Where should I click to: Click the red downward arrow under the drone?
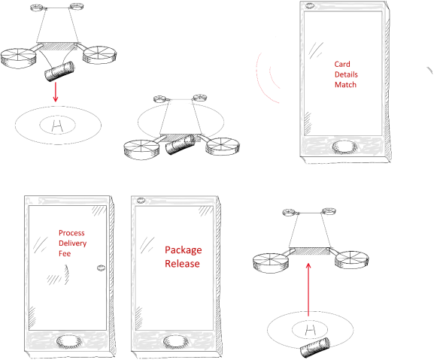point(56,92)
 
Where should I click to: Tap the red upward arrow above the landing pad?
point(308,289)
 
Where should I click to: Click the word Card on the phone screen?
point(342,64)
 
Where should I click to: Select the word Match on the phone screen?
point(345,85)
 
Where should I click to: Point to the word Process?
point(71,233)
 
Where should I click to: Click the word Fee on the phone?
point(65,254)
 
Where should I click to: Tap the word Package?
point(184,250)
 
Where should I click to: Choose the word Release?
point(182,264)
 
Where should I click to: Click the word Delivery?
point(72,244)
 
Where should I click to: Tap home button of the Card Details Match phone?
point(344,147)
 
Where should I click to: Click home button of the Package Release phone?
point(176,341)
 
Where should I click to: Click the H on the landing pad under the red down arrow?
point(57,126)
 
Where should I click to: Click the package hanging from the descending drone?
point(59,71)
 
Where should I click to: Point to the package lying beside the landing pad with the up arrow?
point(315,348)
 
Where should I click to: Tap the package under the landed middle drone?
point(181,144)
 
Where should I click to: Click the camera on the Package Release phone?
point(141,201)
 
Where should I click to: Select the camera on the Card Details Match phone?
point(310,5)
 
